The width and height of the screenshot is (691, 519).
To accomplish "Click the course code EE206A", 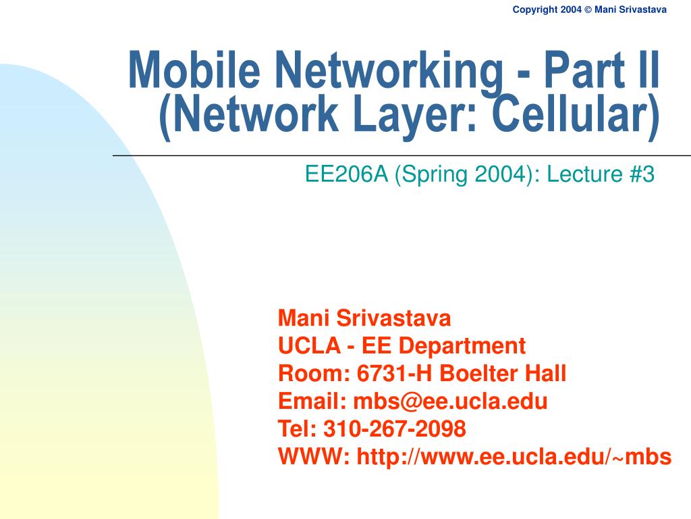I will [347, 174].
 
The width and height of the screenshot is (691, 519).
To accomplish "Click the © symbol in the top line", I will [586, 9].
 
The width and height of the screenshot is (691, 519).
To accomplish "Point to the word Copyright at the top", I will [535, 9].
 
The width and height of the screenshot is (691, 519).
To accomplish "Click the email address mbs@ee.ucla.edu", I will [451, 401].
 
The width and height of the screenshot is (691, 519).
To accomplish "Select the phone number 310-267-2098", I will [395, 428].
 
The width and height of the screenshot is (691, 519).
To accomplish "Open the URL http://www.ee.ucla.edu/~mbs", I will [514, 457].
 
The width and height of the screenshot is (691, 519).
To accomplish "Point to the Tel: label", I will [298, 428].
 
